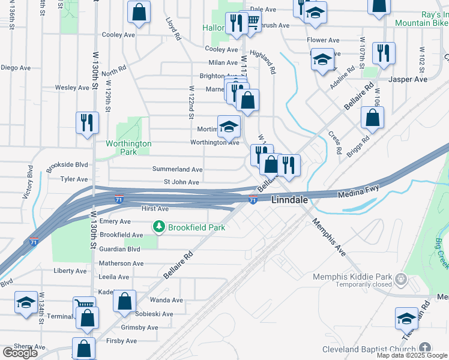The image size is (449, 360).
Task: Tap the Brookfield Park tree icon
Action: point(159,227)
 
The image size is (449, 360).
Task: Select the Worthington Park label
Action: point(128,148)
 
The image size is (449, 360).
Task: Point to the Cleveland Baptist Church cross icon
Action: point(425,348)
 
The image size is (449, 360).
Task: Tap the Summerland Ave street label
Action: point(177,170)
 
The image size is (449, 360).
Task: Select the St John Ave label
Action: point(181,182)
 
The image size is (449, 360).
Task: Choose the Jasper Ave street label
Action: point(408,79)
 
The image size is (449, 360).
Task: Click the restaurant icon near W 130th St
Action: point(88,122)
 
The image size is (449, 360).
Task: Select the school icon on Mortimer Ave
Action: point(229,126)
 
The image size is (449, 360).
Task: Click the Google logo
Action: point(20,353)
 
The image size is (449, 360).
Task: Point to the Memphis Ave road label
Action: point(329,238)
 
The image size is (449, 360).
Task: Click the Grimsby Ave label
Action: point(139,328)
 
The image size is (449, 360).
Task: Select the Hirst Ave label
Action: point(155,209)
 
